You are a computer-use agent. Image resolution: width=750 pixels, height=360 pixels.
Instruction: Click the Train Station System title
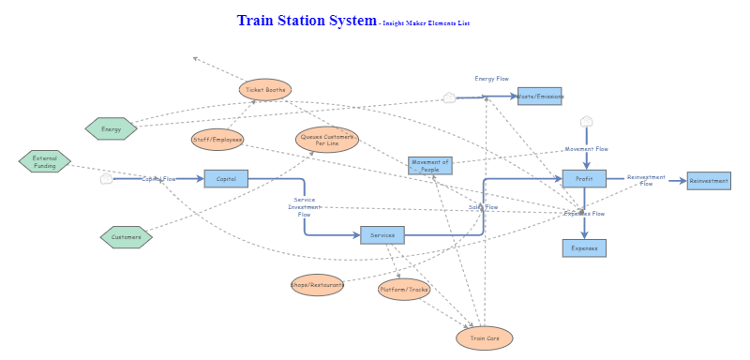click(x=307, y=21)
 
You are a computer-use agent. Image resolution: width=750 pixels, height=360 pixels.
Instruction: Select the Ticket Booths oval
click(x=265, y=90)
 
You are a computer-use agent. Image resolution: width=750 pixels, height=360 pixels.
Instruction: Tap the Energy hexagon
click(x=111, y=128)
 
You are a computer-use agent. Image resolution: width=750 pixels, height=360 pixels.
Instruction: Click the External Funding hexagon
click(x=45, y=161)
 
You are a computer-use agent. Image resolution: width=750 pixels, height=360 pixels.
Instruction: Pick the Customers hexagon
click(x=127, y=237)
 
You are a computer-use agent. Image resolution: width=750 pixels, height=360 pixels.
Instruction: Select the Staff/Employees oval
click(x=217, y=140)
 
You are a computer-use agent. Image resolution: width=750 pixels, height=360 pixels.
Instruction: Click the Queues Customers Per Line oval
click(x=327, y=140)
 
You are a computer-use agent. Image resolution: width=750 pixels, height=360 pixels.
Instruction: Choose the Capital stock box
click(x=226, y=178)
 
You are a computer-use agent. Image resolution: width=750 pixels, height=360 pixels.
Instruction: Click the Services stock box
click(x=382, y=234)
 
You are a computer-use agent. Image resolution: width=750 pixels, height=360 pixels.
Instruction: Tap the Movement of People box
click(x=430, y=166)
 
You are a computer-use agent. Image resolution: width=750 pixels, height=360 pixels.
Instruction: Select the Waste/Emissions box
click(x=540, y=96)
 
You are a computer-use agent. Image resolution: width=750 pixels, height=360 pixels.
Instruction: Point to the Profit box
click(x=584, y=178)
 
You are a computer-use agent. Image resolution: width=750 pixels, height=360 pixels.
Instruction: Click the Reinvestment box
click(x=709, y=181)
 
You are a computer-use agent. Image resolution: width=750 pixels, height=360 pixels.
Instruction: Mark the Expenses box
click(x=584, y=248)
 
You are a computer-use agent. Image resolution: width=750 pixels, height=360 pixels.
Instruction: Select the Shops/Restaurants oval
click(x=317, y=285)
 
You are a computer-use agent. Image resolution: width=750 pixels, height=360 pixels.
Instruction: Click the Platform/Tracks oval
click(x=404, y=290)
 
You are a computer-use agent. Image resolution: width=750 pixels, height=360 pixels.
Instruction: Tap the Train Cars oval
click(x=485, y=337)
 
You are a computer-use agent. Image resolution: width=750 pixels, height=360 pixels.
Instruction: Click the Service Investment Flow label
click(x=304, y=206)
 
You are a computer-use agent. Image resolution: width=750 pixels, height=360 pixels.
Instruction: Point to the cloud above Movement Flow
click(x=587, y=122)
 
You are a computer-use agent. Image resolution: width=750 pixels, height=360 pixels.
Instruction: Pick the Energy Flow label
click(x=491, y=79)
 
